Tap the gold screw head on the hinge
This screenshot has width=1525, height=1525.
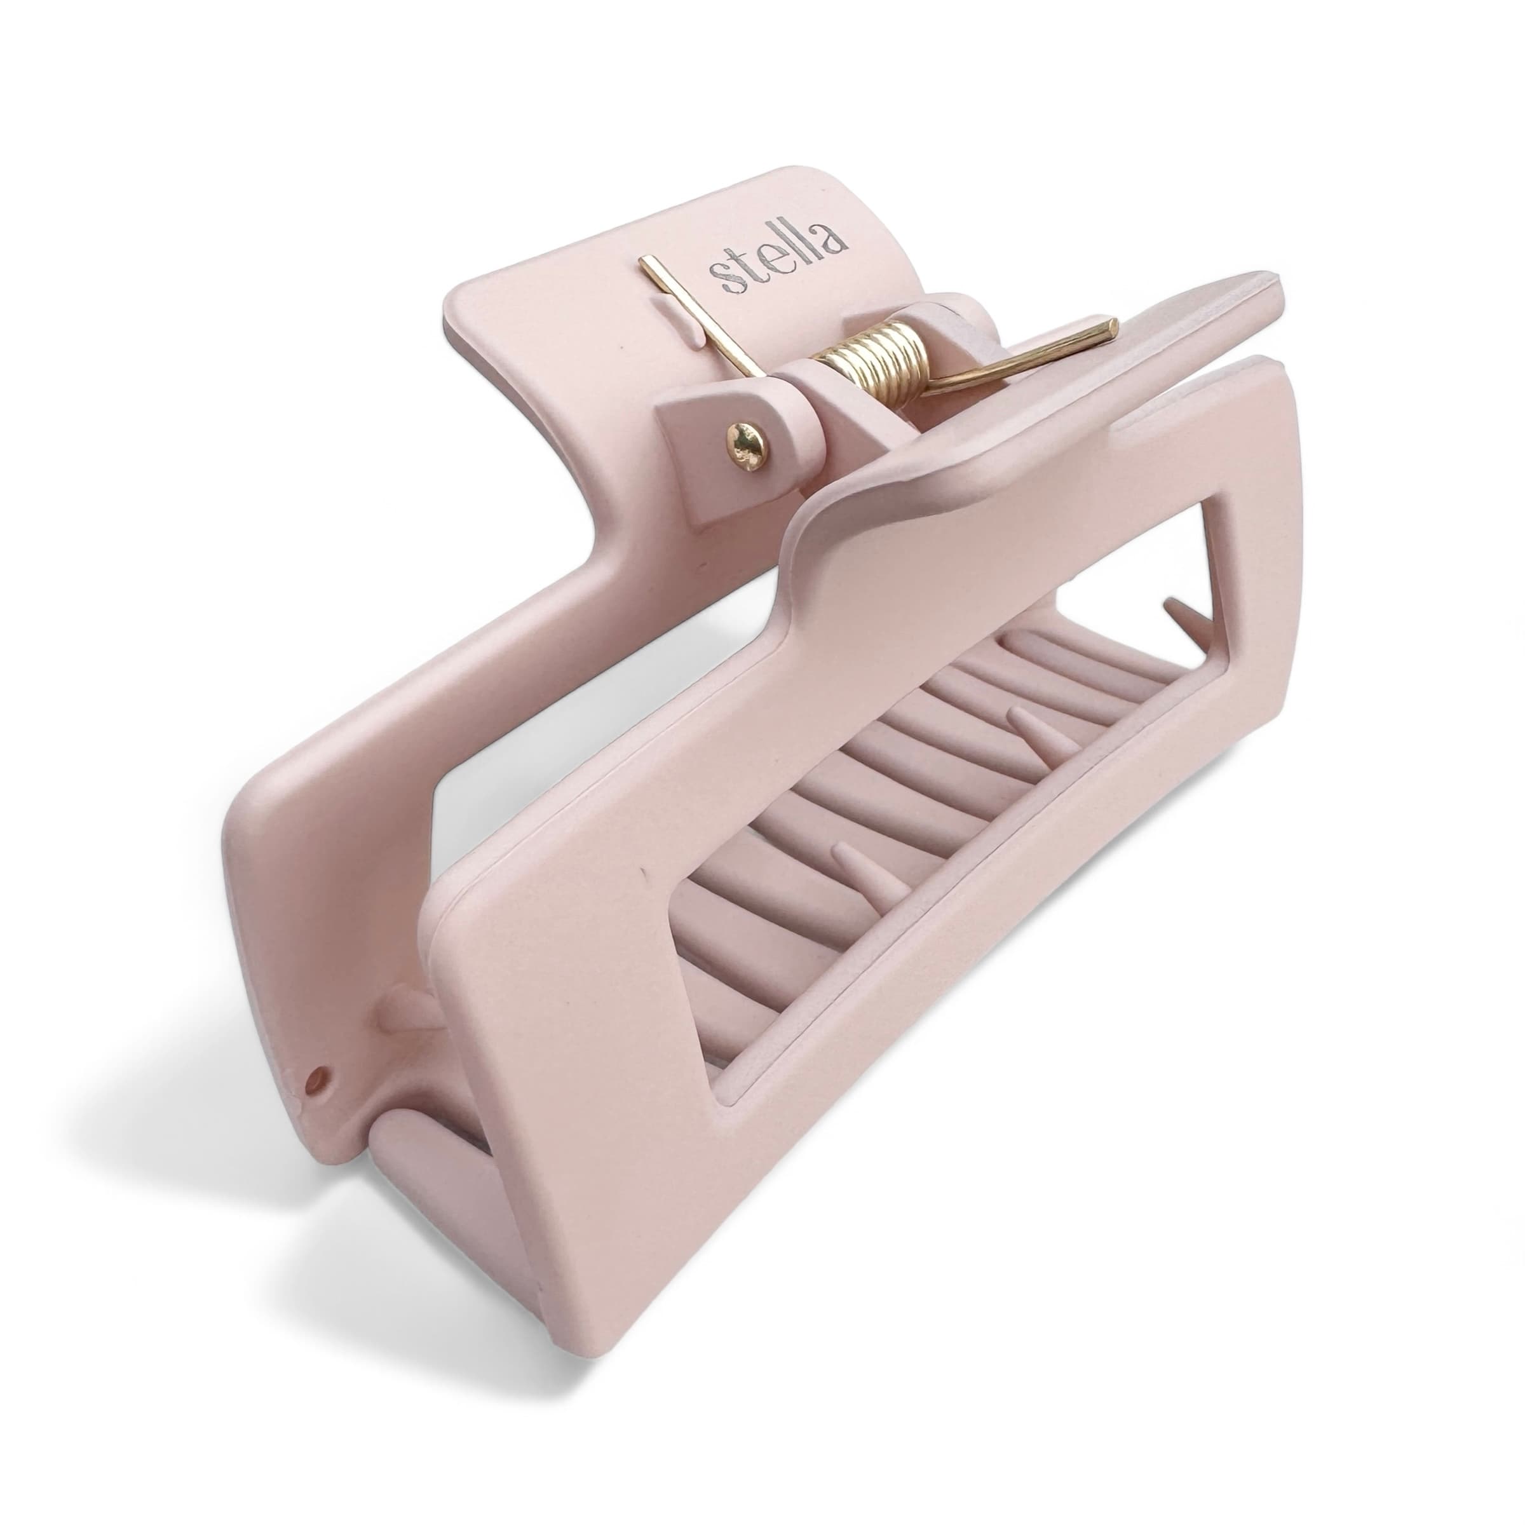pos(747,447)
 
